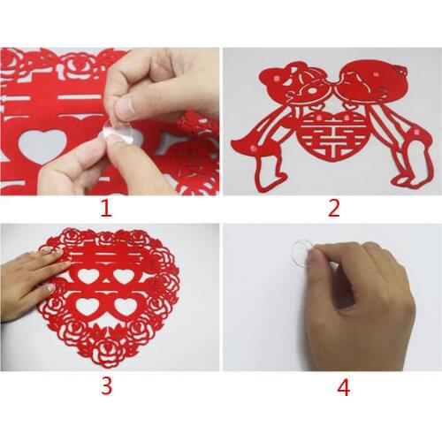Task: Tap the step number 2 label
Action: coord(333,210)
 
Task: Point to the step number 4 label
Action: coord(343,386)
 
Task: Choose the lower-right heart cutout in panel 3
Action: coord(126,306)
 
